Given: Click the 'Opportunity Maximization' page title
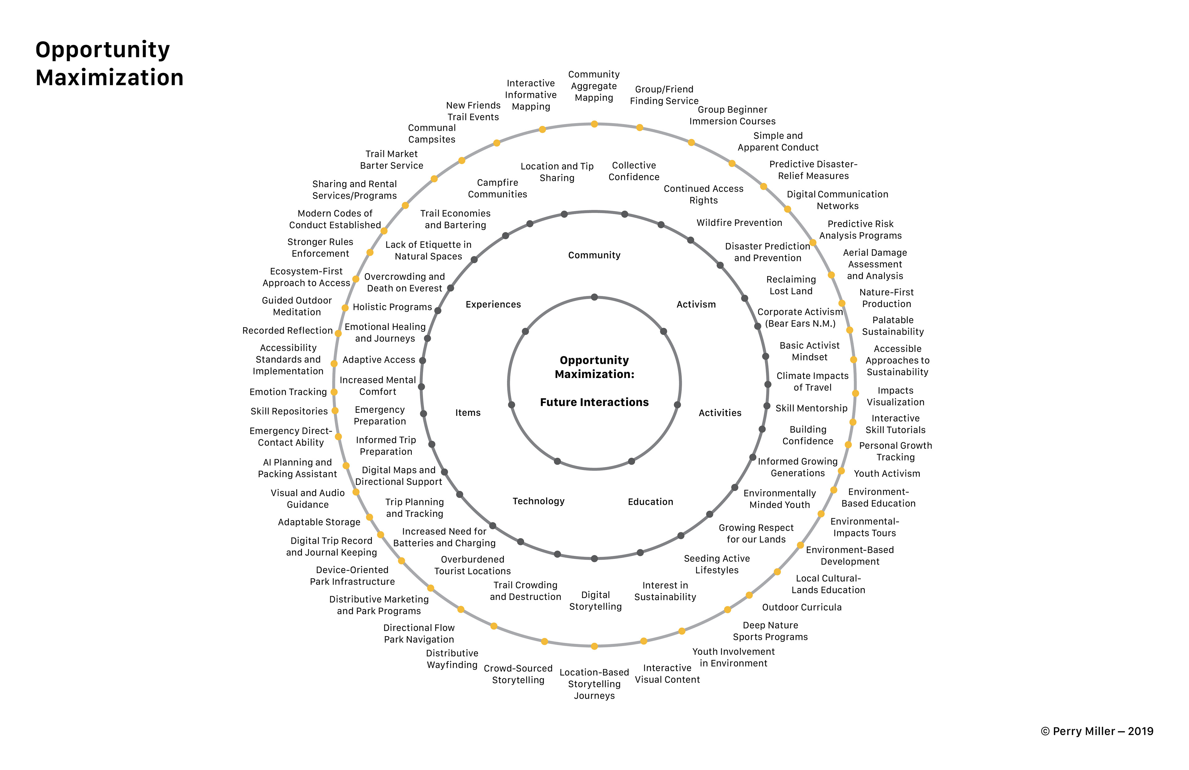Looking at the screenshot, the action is pos(109,64).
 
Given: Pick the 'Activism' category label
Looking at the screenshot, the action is pos(696,305).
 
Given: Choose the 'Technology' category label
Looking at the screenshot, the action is pos(538,501).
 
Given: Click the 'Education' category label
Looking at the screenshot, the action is pos(651,501).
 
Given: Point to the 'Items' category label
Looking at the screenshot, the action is pos(468,412).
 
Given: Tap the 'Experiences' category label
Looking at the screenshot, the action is pos(493,305).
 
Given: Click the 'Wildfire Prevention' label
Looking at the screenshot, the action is pos(739,222).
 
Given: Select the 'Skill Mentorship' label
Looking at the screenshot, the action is pos(811,408).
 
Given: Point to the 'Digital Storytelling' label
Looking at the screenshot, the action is pos(595,601).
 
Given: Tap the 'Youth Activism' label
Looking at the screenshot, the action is pos(887,473).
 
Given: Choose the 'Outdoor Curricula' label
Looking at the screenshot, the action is pos(802,607).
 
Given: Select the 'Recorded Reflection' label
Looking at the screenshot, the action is pos(287,331).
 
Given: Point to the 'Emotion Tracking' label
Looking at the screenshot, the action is pos(288,392).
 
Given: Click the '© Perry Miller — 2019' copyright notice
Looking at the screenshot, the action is pos(1097,731).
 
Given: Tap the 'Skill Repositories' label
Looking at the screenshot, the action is pos(289,411).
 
